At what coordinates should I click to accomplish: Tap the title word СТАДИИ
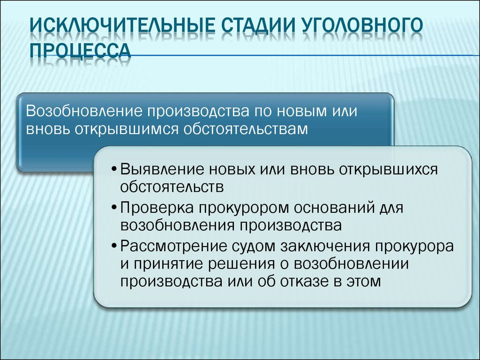pos(256,26)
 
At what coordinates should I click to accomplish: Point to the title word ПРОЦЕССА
pos(81,50)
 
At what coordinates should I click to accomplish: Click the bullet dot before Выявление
pos(114,170)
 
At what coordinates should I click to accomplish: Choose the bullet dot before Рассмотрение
pos(114,247)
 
